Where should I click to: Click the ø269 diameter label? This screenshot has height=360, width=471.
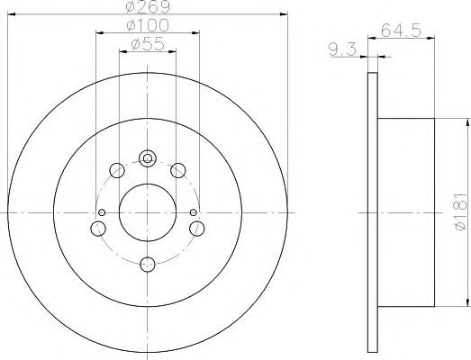148,6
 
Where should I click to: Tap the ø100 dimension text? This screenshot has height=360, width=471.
148,25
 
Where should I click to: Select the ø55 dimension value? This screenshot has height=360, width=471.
148,44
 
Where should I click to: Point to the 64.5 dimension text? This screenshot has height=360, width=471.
401,31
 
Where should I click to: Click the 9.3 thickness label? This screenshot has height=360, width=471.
342,49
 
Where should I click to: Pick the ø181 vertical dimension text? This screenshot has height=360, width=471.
461,211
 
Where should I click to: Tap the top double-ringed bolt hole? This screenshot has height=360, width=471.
147,158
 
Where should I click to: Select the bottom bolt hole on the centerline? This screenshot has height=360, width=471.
148,265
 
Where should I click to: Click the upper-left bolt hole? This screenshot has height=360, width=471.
117,170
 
